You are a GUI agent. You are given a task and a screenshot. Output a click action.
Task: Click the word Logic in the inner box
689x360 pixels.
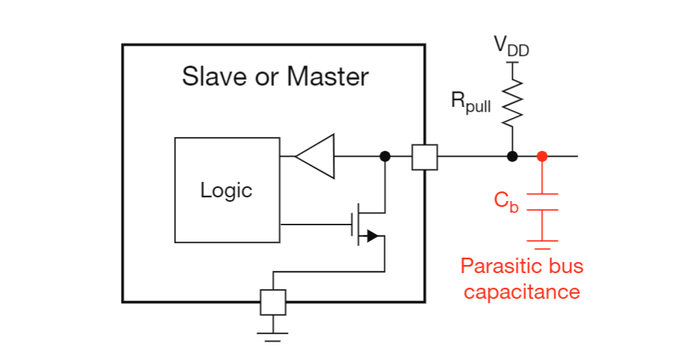click(226, 191)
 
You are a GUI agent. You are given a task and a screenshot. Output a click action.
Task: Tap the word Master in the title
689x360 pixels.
click(328, 77)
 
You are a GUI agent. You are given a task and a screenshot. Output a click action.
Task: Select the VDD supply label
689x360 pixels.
click(512, 46)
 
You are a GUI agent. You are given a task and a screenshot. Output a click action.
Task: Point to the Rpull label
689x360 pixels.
click(471, 102)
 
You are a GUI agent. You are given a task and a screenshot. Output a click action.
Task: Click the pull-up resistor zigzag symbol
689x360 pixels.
click(512, 104)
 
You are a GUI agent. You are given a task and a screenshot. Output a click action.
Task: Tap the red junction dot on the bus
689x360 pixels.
click(543, 156)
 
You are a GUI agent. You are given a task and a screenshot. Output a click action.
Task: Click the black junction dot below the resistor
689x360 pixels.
click(512, 156)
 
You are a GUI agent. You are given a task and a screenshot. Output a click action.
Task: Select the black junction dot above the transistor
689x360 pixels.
click(385, 156)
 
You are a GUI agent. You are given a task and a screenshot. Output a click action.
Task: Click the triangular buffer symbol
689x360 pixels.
click(315, 156)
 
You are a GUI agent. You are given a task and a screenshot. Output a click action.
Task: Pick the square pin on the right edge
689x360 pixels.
click(425, 157)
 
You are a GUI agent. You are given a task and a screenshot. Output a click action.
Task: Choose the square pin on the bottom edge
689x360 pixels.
click(273, 303)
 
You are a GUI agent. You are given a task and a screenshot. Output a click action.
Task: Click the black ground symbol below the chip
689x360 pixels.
click(273, 336)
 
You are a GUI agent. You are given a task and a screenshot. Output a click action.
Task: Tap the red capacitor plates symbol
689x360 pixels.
click(543, 202)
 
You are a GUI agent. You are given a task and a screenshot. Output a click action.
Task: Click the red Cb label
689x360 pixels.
click(506, 202)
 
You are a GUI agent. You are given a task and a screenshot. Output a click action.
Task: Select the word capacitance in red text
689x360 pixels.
click(522, 292)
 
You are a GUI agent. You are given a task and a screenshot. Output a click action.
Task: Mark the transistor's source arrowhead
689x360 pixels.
click(372, 236)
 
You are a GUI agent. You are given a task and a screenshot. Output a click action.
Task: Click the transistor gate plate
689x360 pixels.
click(352, 225)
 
